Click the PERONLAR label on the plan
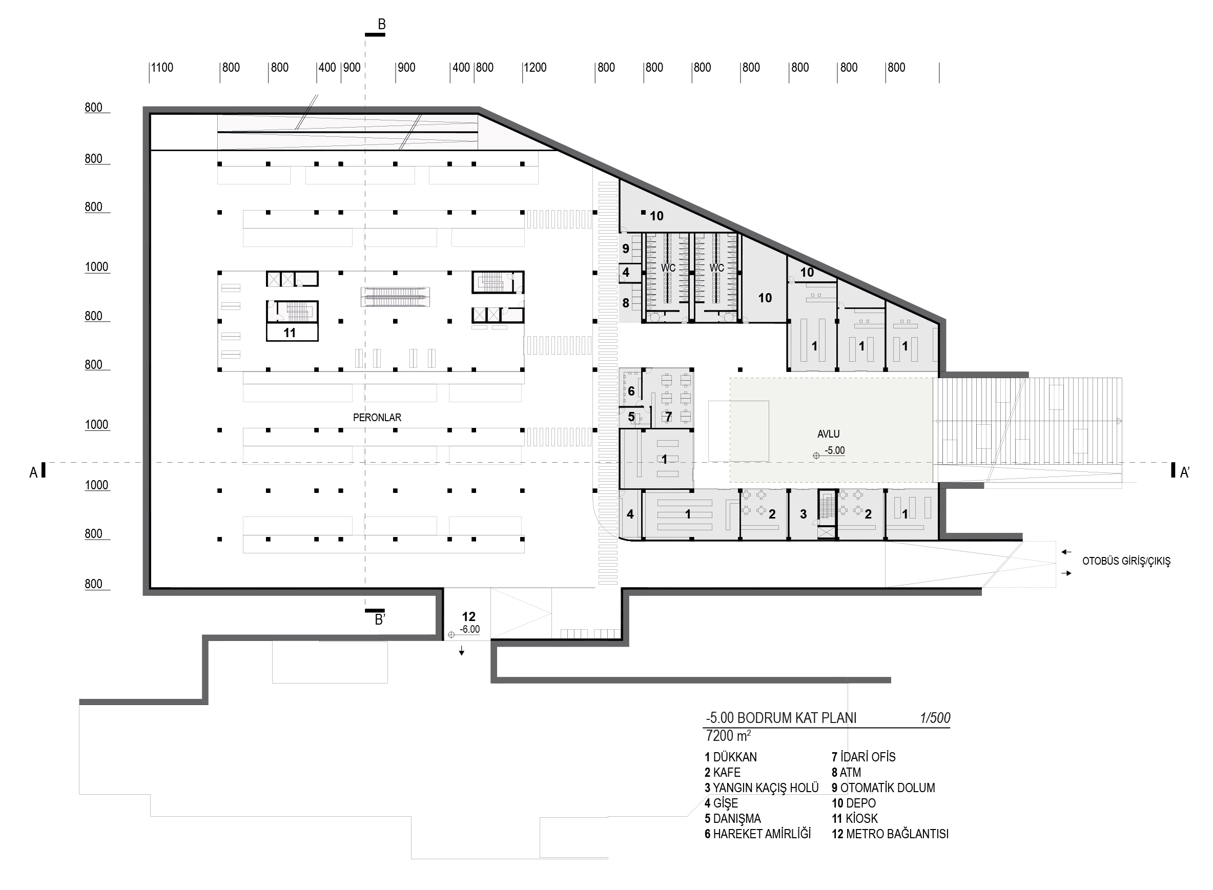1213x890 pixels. (x=377, y=418)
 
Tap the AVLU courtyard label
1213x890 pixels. (x=828, y=433)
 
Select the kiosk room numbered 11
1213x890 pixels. (x=290, y=333)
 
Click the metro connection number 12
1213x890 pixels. (x=469, y=617)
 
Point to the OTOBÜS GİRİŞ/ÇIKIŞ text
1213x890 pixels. (x=1126, y=562)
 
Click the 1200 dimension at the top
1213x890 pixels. (x=534, y=68)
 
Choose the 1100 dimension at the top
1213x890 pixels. (x=161, y=68)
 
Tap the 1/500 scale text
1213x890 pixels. (x=935, y=718)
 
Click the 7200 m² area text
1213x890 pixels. (x=728, y=736)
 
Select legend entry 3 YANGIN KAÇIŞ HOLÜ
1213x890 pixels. (x=762, y=788)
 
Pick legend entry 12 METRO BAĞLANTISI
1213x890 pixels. (x=890, y=834)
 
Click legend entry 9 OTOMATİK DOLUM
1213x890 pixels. (x=883, y=788)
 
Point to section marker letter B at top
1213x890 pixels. (x=381, y=24)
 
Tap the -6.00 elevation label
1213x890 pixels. (x=469, y=629)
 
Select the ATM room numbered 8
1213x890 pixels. (x=626, y=303)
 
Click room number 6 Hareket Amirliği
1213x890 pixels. (x=631, y=391)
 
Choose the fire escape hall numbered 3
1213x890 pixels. (x=803, y=514)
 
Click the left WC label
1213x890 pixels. (x=668, y=268)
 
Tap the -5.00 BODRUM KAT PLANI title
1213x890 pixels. (x=781, y=718)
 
